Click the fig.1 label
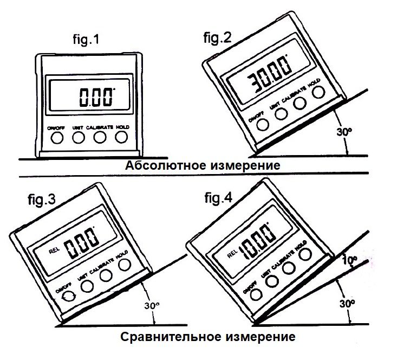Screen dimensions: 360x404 [87, 40]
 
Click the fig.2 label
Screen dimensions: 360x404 [217, 38]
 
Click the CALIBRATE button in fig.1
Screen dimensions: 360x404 [99, 138]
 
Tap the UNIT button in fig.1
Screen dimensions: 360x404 [78, 138]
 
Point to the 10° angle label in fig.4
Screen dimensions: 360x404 [349, 259]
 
